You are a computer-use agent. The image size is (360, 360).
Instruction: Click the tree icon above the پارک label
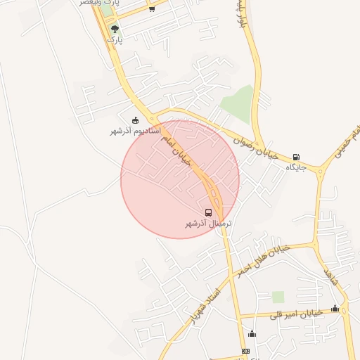tap(115, 30)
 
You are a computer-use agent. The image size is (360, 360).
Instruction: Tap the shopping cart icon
tap(152, 9)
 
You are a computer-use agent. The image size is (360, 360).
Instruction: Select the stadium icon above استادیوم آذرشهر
tap(135, 120)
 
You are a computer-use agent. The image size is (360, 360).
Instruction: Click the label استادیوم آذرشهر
tap(135, 131)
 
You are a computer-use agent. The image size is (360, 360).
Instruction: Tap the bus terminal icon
tap(208, 212)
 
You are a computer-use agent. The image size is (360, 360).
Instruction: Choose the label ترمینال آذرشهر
tap(208, 223)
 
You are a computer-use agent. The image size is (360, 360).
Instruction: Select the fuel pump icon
tap(295, 157)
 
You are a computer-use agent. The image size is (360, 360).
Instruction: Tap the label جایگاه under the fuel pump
tap(295, 167)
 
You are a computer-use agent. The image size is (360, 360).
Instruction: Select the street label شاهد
tap(330, 274)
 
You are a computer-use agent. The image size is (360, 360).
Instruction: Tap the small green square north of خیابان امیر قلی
tap(278, 297)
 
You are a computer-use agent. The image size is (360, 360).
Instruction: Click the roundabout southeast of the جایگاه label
tap(321, 171)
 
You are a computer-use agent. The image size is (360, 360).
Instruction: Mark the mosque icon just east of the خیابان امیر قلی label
tap(335, 308)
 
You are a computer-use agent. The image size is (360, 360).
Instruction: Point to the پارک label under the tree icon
tap(115, 41)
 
